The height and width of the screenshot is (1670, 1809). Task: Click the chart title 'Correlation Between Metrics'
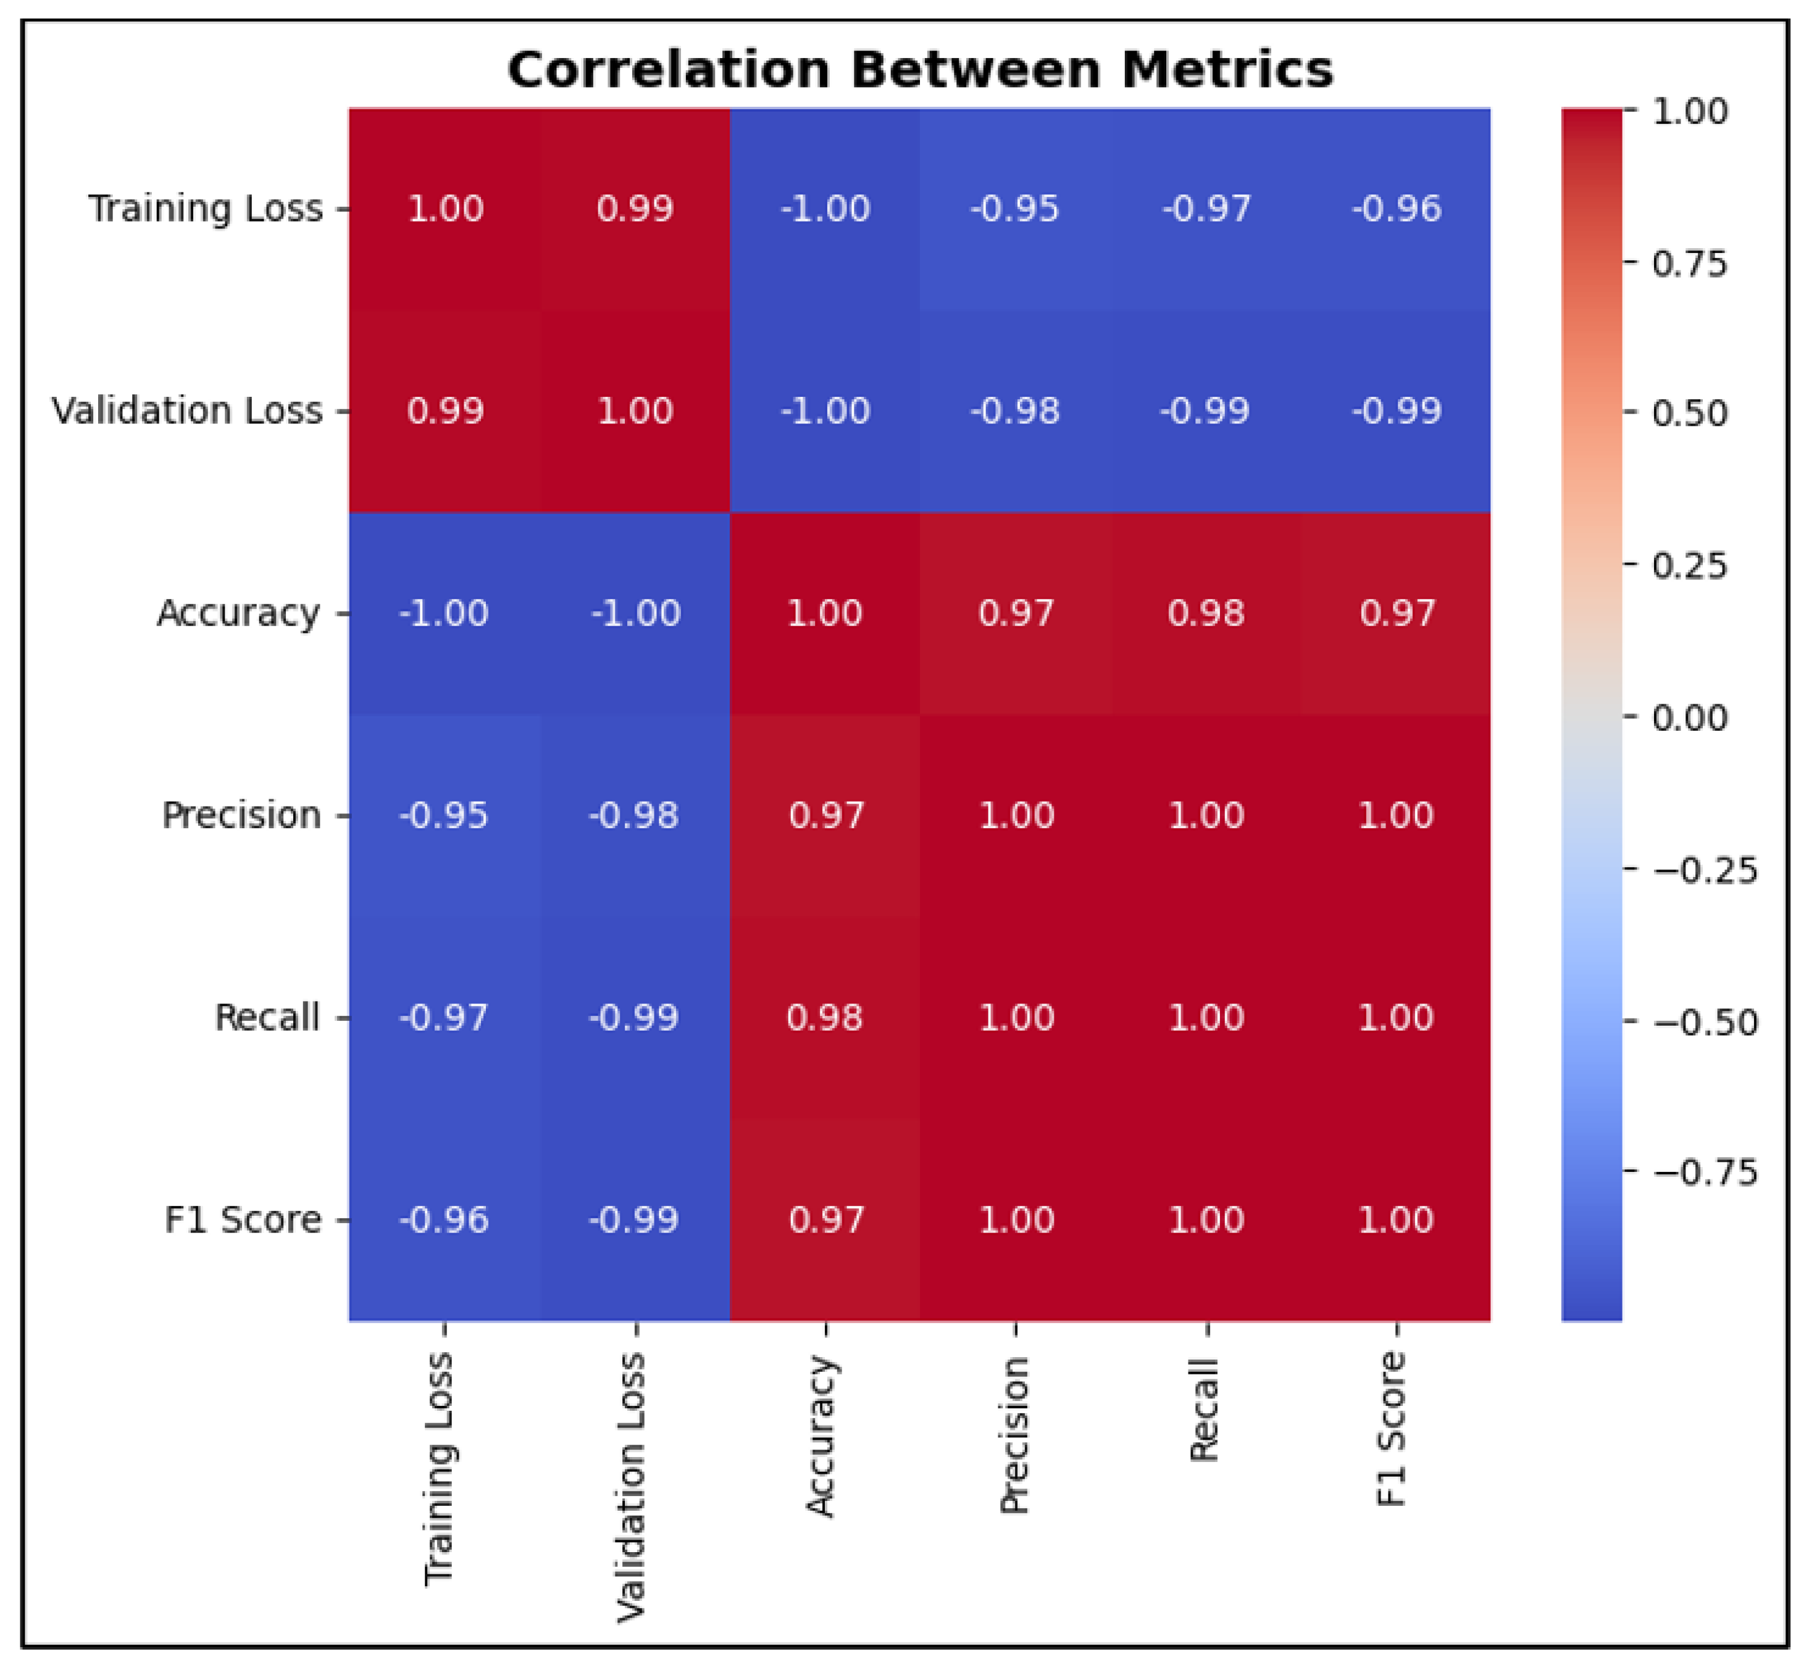pos(921,70)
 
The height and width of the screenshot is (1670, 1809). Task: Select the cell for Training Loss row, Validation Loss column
pos(635,209)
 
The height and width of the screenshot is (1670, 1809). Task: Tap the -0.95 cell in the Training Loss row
pos(1015,209)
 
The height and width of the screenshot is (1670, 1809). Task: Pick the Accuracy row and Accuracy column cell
pos(825,613)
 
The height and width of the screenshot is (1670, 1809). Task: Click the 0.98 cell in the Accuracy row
pos(1206,613)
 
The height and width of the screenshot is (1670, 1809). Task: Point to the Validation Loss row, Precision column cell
pos(1015,411)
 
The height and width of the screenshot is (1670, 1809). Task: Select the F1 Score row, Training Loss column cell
pos(445,1220)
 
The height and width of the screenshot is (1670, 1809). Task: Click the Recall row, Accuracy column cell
pos(825,1018)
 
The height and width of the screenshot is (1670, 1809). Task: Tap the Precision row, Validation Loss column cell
pos(635,815)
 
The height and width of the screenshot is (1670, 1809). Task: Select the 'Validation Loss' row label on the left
pos(186,411)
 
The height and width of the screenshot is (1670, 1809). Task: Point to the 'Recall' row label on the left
pos(267,1018)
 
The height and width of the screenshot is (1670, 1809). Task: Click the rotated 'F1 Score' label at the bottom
pos(1392,1429)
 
